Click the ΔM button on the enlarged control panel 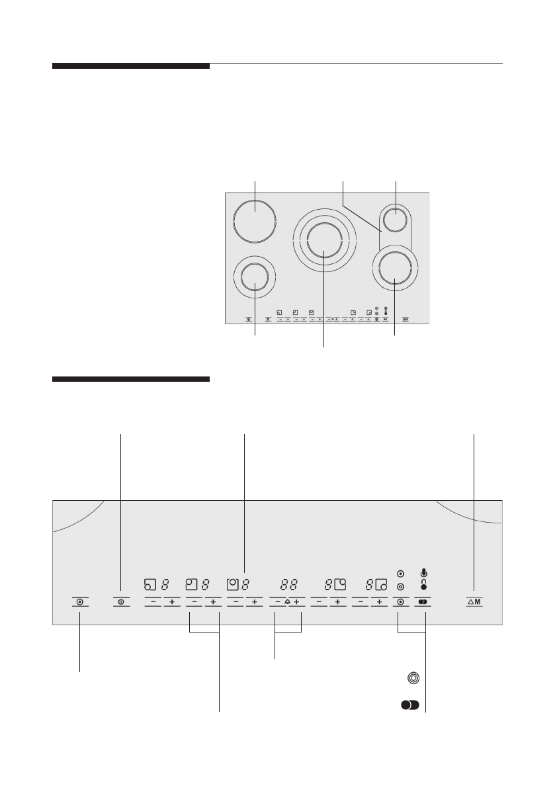pos(475,602)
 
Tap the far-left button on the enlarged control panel pos(79,602)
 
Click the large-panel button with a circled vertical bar pos(122,602)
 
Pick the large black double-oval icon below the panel pos(410,706)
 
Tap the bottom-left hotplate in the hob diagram pos(255,279)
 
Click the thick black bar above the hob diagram pos(130,66)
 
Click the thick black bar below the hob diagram pos(130,380)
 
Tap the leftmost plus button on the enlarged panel pos(171,603)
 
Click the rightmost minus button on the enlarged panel pos(361,603)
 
